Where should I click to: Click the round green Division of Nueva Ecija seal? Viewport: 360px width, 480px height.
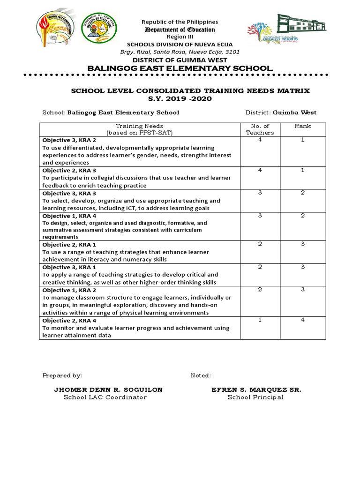click(99, 27)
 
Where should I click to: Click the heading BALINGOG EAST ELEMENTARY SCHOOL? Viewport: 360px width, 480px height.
click(180, 68)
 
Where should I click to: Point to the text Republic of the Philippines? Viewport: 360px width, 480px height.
click(180, 22)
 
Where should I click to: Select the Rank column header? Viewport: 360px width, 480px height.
click(302, 126)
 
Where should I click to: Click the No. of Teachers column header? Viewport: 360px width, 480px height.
click(260, 129)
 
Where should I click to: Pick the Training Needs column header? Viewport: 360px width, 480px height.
click(139, 129)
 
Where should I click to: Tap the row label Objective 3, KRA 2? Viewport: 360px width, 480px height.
click(69, 140)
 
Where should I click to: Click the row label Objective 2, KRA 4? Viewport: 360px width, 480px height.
click(69, 320)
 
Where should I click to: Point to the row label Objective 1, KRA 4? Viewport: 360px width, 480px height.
click(69, 216)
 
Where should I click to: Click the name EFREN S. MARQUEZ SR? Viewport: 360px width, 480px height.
click(256, 390)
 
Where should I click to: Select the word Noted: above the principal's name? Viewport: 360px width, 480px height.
click(201, 375)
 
